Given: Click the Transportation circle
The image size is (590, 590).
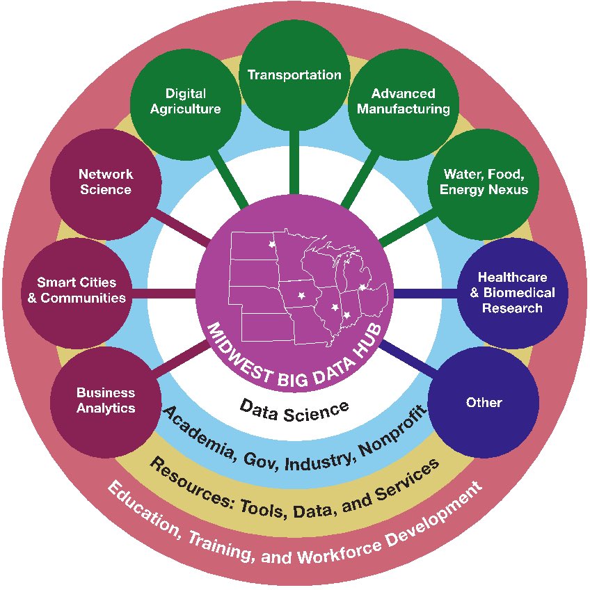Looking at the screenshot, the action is (294, 75).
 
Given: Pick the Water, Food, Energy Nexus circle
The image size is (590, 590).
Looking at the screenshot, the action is (484, 184).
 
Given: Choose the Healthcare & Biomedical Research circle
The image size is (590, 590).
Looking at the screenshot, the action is (513, 293).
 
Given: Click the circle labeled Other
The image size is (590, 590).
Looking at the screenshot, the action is (484, 402).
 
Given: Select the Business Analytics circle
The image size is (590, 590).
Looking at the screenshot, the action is (106, 402).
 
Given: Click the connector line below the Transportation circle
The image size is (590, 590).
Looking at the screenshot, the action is (294, 163).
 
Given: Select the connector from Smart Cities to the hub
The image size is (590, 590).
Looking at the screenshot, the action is (164, 294).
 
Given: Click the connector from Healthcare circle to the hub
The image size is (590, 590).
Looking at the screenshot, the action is (425, 294).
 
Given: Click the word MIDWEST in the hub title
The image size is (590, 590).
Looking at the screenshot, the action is (239, 353).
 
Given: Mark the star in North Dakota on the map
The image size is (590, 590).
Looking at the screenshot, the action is (271, 244).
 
